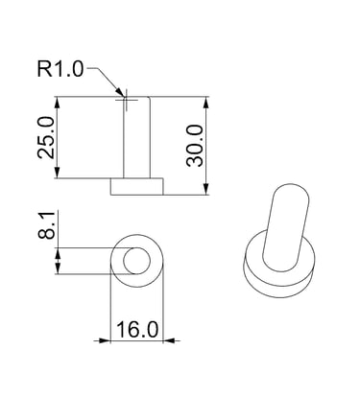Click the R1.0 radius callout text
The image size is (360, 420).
coord(60,69)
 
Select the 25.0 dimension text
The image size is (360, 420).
coord(45,137)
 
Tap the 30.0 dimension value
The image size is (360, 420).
coord(195,146)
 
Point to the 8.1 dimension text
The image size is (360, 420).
coord(46,224)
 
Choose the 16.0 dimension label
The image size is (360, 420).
coord(137,330)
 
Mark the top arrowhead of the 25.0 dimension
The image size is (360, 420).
coord(58,102)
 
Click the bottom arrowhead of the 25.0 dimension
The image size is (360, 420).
coord(58,173)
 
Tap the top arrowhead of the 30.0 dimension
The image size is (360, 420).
coord(206,102)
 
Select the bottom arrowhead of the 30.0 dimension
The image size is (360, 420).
coord(206,189)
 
